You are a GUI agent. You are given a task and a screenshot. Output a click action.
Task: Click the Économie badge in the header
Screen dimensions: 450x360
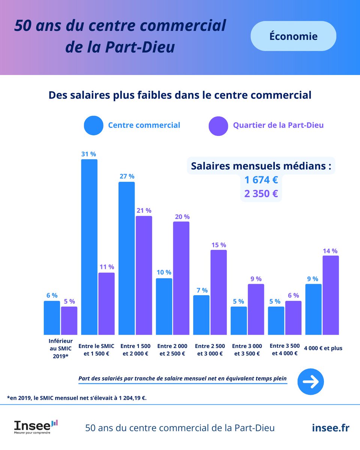pyautogui.click(x=293, y=36)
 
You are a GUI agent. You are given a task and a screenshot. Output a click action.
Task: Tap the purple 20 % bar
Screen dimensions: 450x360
pyautogui.click(x=181, y=278)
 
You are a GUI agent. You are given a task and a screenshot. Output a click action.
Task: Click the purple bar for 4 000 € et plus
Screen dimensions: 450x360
pyautogui.click(x=330, y=295)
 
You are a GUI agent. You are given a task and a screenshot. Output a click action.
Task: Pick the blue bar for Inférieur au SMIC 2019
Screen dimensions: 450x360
pyautogui.click(x=52, y=318)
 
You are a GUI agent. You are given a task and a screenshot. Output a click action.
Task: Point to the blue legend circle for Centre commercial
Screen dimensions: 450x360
pyautogui.click(x=93, y=125)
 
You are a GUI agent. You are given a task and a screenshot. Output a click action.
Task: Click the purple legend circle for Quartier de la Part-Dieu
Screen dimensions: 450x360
pyautogui.click(x=218, y=125)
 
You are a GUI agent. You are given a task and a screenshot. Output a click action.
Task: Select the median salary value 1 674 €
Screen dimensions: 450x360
pyautogui.click(x=261, y=180)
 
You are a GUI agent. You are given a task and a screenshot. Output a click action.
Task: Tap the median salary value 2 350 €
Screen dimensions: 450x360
pyautogui.click(x=261, y=194)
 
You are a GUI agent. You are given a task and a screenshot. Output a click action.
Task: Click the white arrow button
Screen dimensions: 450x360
pyautogui.click(x=310, y=382)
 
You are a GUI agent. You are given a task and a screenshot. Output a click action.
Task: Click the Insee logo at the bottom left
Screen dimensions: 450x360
pyautogui.click(x=36, y=427)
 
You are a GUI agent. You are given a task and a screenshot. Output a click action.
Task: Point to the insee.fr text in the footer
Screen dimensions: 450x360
pyautogui.click(x=330, y=428)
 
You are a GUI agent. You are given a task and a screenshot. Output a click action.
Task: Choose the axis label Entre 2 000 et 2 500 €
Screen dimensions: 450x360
pyautogui.click(x=172, y=349)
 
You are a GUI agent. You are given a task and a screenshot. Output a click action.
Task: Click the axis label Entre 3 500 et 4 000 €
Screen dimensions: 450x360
pyautogui.click(x=285, y=349)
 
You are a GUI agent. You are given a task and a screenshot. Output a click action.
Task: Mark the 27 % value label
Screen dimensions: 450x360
pyautogui.click(x=126, y=176)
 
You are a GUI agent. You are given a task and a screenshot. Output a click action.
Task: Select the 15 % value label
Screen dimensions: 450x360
pyautogui.click(x=218, y=245)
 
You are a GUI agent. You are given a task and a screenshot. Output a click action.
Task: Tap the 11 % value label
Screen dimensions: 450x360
pyautogui.click(x=106, y=267)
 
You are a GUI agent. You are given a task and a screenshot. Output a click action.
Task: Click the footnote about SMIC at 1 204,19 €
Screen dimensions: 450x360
pyautogui.click(x=76, y=398)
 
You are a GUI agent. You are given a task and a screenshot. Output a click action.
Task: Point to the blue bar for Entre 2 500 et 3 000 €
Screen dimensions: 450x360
pyautogui.click(x=201, y=315)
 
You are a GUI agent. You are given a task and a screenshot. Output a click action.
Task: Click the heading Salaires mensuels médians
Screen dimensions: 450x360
pyautogui.click(x=261, y=166)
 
